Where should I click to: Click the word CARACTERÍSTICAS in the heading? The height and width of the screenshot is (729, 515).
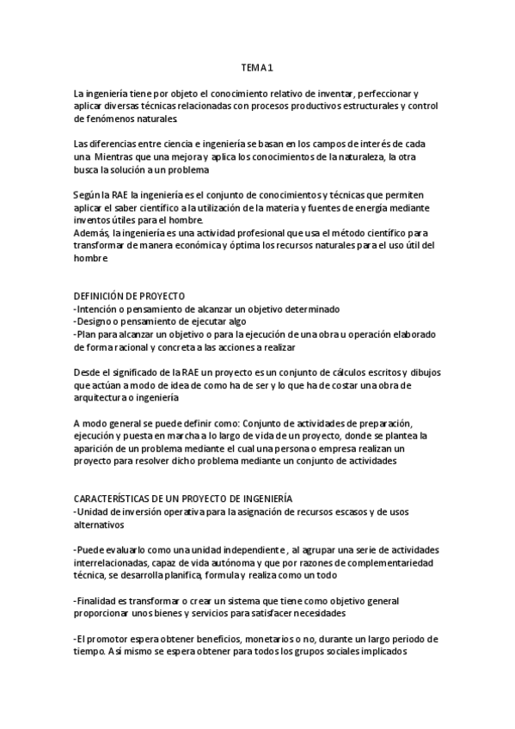[120, 499]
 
